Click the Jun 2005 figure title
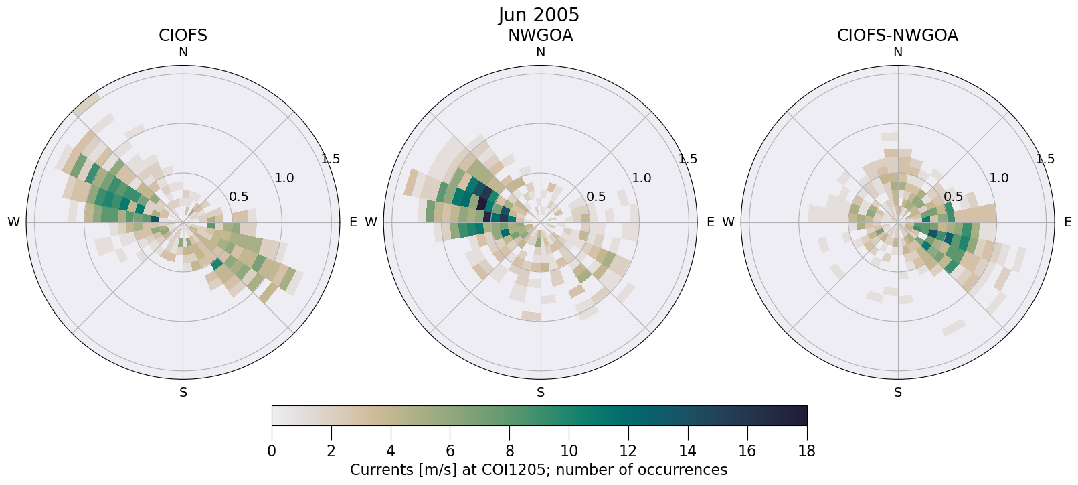coord(539,15)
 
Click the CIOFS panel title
coord(183,36)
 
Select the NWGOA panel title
coord(540,36)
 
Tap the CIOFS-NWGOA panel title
coord(897,36)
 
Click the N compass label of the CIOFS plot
coord(183,52)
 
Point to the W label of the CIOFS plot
coord(13,222)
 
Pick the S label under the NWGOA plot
coord(541,393)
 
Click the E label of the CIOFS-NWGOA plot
coord(1068,222)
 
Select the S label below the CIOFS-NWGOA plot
coord(898,393)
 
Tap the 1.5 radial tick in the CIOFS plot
coord(331,159)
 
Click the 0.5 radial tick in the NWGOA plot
coord(596,197)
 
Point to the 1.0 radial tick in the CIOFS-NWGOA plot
coord(999,178)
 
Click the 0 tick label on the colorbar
coord(272,451)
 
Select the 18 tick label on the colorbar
coord(806,451)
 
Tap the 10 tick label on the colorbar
coord(569,451)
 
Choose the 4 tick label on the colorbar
coord(391,451)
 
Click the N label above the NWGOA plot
coord(541,52)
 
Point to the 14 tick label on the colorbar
coord(688,451)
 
